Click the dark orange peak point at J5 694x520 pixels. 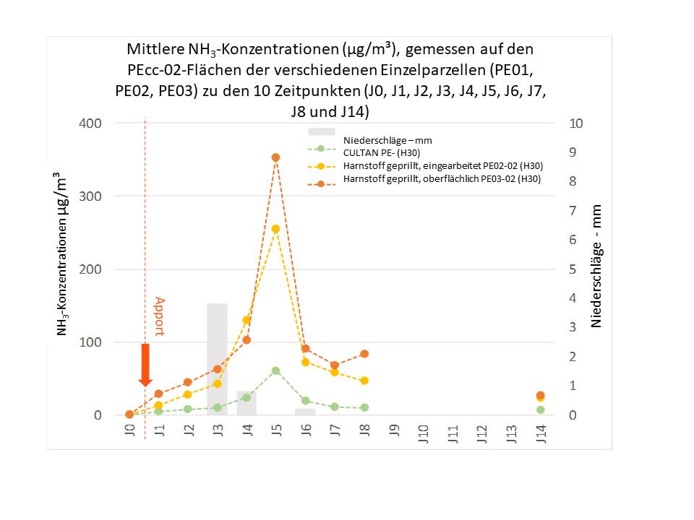tap(275, 157)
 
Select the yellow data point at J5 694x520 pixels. tap(275, 229)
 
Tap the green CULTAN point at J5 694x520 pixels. tap(275, 370)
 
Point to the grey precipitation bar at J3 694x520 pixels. tap(218, 359)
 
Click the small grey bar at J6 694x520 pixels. tap(305, 412)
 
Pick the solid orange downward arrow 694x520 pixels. tap(145, 365)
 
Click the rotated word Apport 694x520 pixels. tap(159, 316)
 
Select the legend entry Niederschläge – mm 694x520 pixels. tap(387, 141)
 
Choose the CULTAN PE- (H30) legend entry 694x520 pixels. tap(382, 153)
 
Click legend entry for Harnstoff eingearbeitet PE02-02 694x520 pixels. tap(443, 166)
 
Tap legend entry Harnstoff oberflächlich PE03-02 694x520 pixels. tap(442, 178)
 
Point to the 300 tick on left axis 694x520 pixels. tap(90, 196)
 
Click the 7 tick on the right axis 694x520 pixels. tap(573, 210)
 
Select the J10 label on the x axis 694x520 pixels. tap(423, 433)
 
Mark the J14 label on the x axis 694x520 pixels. tap(541, 433)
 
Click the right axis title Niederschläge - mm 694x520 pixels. tap(596, 266)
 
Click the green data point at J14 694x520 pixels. tap(541, 410)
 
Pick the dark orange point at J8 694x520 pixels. tap(364, 354)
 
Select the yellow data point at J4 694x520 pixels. tap(247, 320)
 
